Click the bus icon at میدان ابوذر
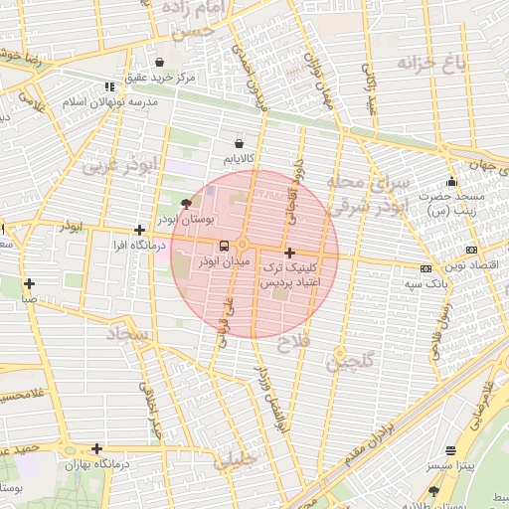[223, 245]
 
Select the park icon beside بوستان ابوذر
[188, 203]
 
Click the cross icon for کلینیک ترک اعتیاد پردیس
[289, 254]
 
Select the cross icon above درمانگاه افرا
[139, 230]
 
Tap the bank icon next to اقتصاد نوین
[470, 250]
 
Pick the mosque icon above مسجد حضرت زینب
[452, 181]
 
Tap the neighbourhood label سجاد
[129, 339]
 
